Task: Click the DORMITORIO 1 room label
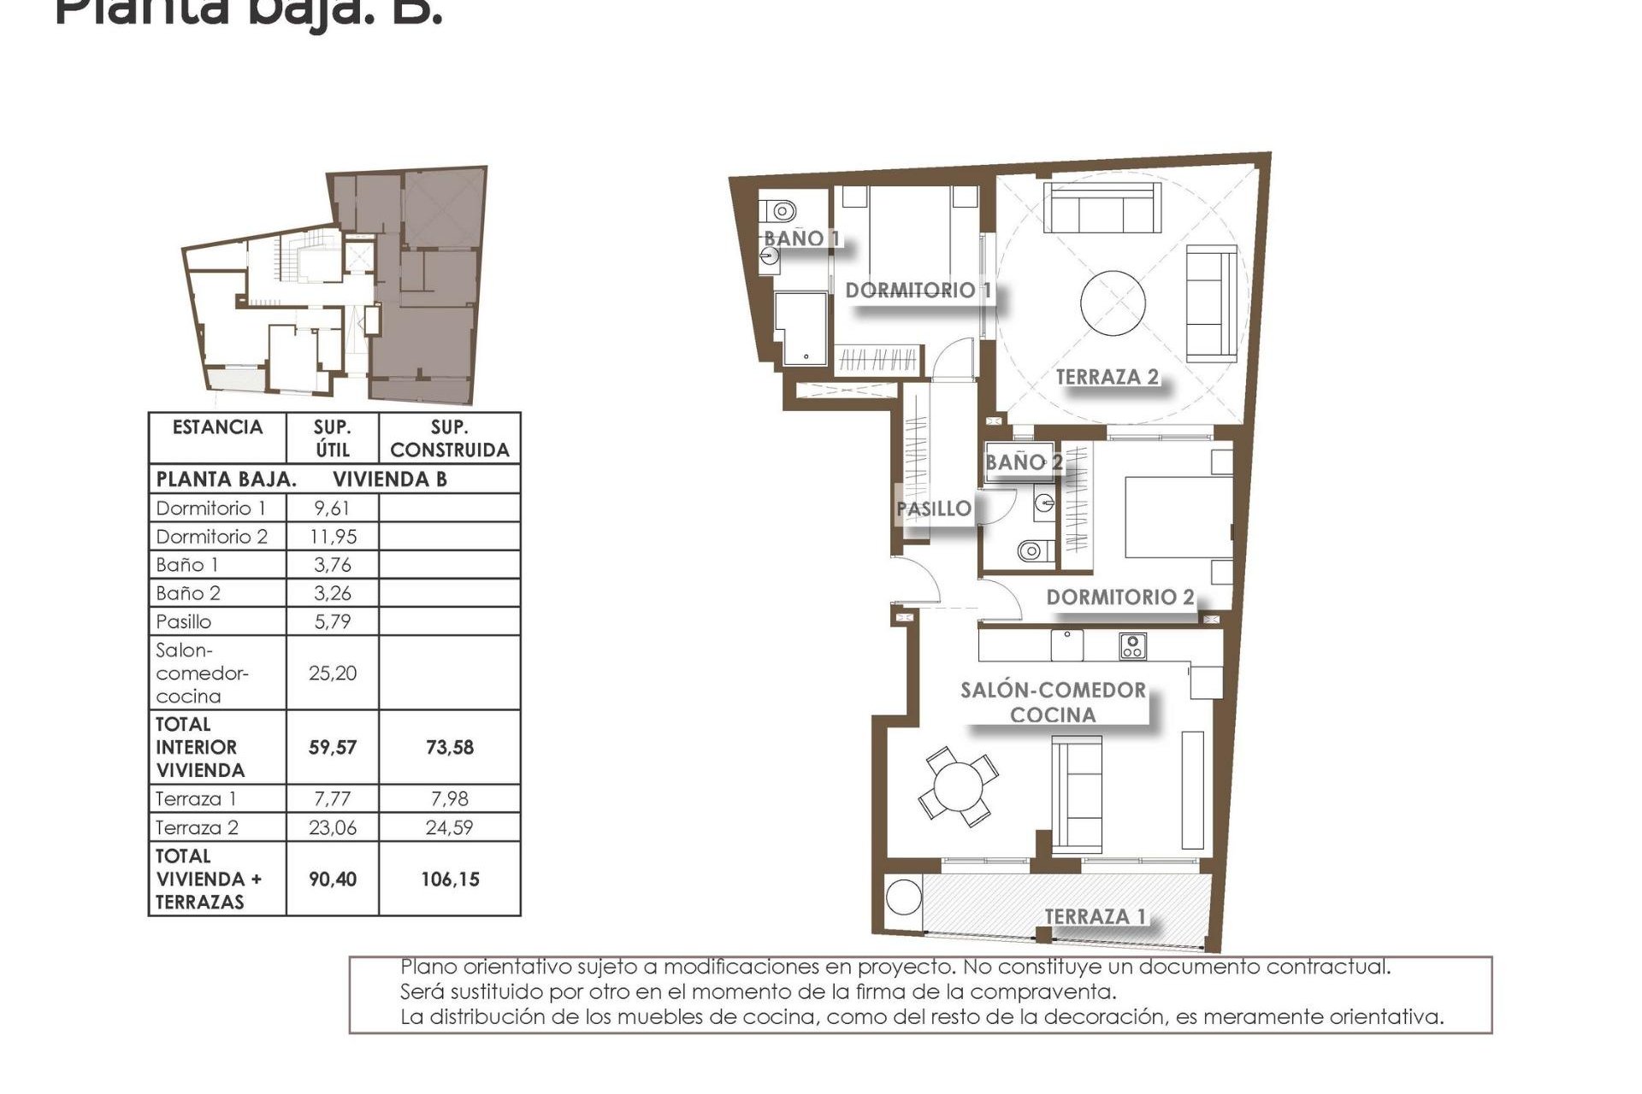tap(918, 291)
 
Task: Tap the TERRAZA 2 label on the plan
tap(1107, 377)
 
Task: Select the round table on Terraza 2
tap(1113, 304)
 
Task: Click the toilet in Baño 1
tap(781, 209)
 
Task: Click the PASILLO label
tap(933, 509)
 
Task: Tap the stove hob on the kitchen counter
tap(1132, 645)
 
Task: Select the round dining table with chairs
tap(958, 785)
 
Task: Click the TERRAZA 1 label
tap(1095, 917)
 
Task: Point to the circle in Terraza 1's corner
tap(903, 897)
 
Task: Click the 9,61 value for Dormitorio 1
tap(332, 509)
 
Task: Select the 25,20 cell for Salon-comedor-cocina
tap(333, 673)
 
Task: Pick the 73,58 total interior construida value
tap(449, 748)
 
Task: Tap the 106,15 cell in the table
tap(450, 879)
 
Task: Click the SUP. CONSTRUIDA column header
tap(449, 438)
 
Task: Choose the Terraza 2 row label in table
tap(198, 827)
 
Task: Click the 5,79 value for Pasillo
tap(332, 621)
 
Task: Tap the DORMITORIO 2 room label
tap(1119, 597)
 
